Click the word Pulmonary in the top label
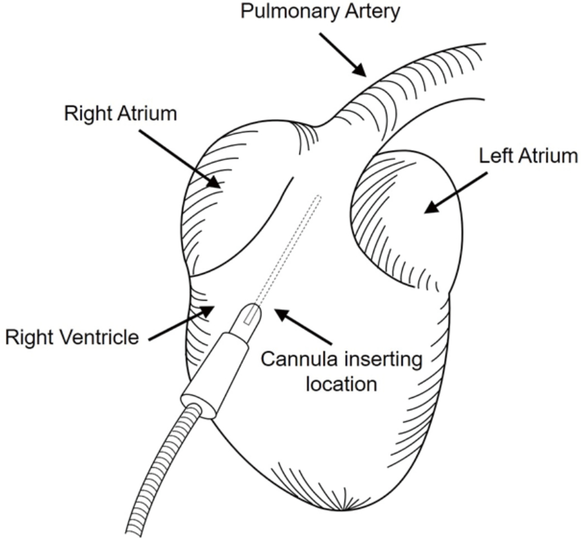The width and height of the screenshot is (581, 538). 291,11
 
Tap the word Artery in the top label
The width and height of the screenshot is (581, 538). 373,11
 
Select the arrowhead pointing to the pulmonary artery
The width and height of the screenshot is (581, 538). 360,69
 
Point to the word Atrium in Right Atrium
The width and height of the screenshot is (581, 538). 147,113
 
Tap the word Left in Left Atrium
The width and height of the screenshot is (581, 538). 495,156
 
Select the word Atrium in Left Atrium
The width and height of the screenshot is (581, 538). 547,156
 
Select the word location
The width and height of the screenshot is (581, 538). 341,384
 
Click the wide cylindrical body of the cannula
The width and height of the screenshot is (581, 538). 216,375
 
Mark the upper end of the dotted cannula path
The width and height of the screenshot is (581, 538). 318,196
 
